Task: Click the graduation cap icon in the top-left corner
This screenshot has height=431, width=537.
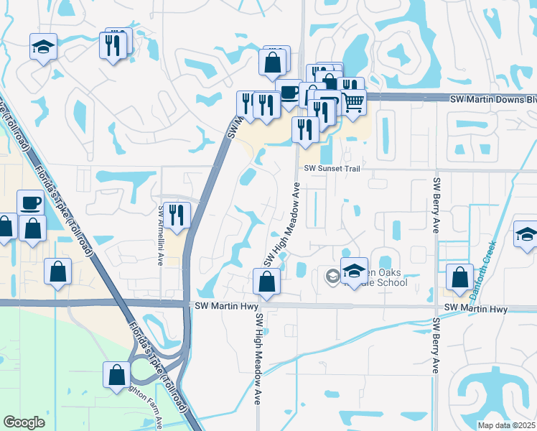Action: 44,47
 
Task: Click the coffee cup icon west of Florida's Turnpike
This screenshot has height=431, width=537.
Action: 31,203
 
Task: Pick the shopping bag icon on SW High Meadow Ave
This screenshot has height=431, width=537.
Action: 266,282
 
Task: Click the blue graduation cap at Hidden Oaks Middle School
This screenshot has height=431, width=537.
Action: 354,271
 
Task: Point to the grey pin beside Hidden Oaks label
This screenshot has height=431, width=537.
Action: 332,276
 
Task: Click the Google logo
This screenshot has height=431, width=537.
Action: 24,422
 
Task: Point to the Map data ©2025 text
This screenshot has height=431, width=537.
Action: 506,425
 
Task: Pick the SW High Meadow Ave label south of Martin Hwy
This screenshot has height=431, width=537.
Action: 256,359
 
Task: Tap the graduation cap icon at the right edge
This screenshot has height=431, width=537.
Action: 526,235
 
